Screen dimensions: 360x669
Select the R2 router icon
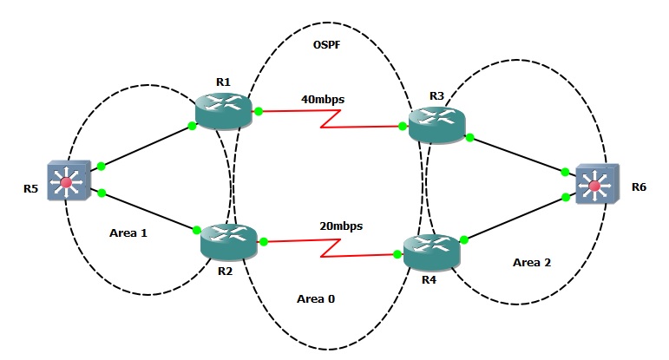[229, 240]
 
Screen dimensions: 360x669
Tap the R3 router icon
[436, 126]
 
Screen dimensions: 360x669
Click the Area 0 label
[315, 298]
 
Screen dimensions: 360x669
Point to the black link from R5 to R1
[146, 147]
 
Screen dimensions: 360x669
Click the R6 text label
[639, 187]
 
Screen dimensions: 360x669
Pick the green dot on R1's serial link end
[258, 111]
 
